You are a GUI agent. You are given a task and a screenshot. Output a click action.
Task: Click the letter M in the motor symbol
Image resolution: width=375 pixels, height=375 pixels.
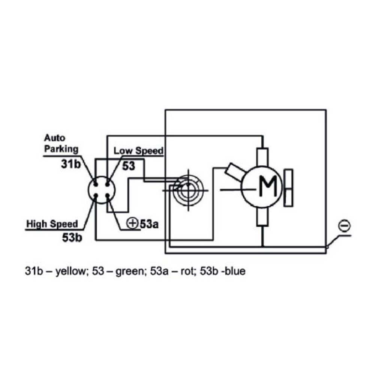[x=268, y=186]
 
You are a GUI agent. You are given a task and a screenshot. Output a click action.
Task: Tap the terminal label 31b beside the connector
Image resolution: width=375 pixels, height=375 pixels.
[x=71, y=164]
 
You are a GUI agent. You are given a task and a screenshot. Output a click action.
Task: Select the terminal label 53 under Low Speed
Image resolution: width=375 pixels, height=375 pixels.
[x=129, y=166]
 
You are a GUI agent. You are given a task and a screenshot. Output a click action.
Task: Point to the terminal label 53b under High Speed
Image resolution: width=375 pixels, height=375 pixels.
[x=72, y=237]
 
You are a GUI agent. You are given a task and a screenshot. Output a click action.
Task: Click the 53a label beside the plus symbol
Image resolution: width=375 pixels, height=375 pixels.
[x=149, y=224]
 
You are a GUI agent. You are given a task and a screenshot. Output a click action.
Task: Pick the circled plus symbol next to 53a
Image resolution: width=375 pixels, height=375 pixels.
[x=132, y=223]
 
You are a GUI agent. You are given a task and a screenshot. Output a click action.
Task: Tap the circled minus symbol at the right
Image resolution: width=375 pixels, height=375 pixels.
[x=344, y=226]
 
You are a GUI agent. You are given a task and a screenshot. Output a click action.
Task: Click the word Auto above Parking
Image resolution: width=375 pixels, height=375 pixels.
[x=54, y=138]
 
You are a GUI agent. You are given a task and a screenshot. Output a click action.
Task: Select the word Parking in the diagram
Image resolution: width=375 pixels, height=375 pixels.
[x=61, y=149]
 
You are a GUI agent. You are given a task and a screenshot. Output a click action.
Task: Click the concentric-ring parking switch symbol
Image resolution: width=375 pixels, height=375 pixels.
[x=188, y=190]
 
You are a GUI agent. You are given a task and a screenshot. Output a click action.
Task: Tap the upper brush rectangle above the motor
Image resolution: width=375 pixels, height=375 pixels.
[x=262, y=157]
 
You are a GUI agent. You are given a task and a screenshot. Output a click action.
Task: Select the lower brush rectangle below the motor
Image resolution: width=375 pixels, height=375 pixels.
[x=262, y=217]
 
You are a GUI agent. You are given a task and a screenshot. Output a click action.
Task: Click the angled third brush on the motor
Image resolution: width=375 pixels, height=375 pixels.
[x=235, y=172]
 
